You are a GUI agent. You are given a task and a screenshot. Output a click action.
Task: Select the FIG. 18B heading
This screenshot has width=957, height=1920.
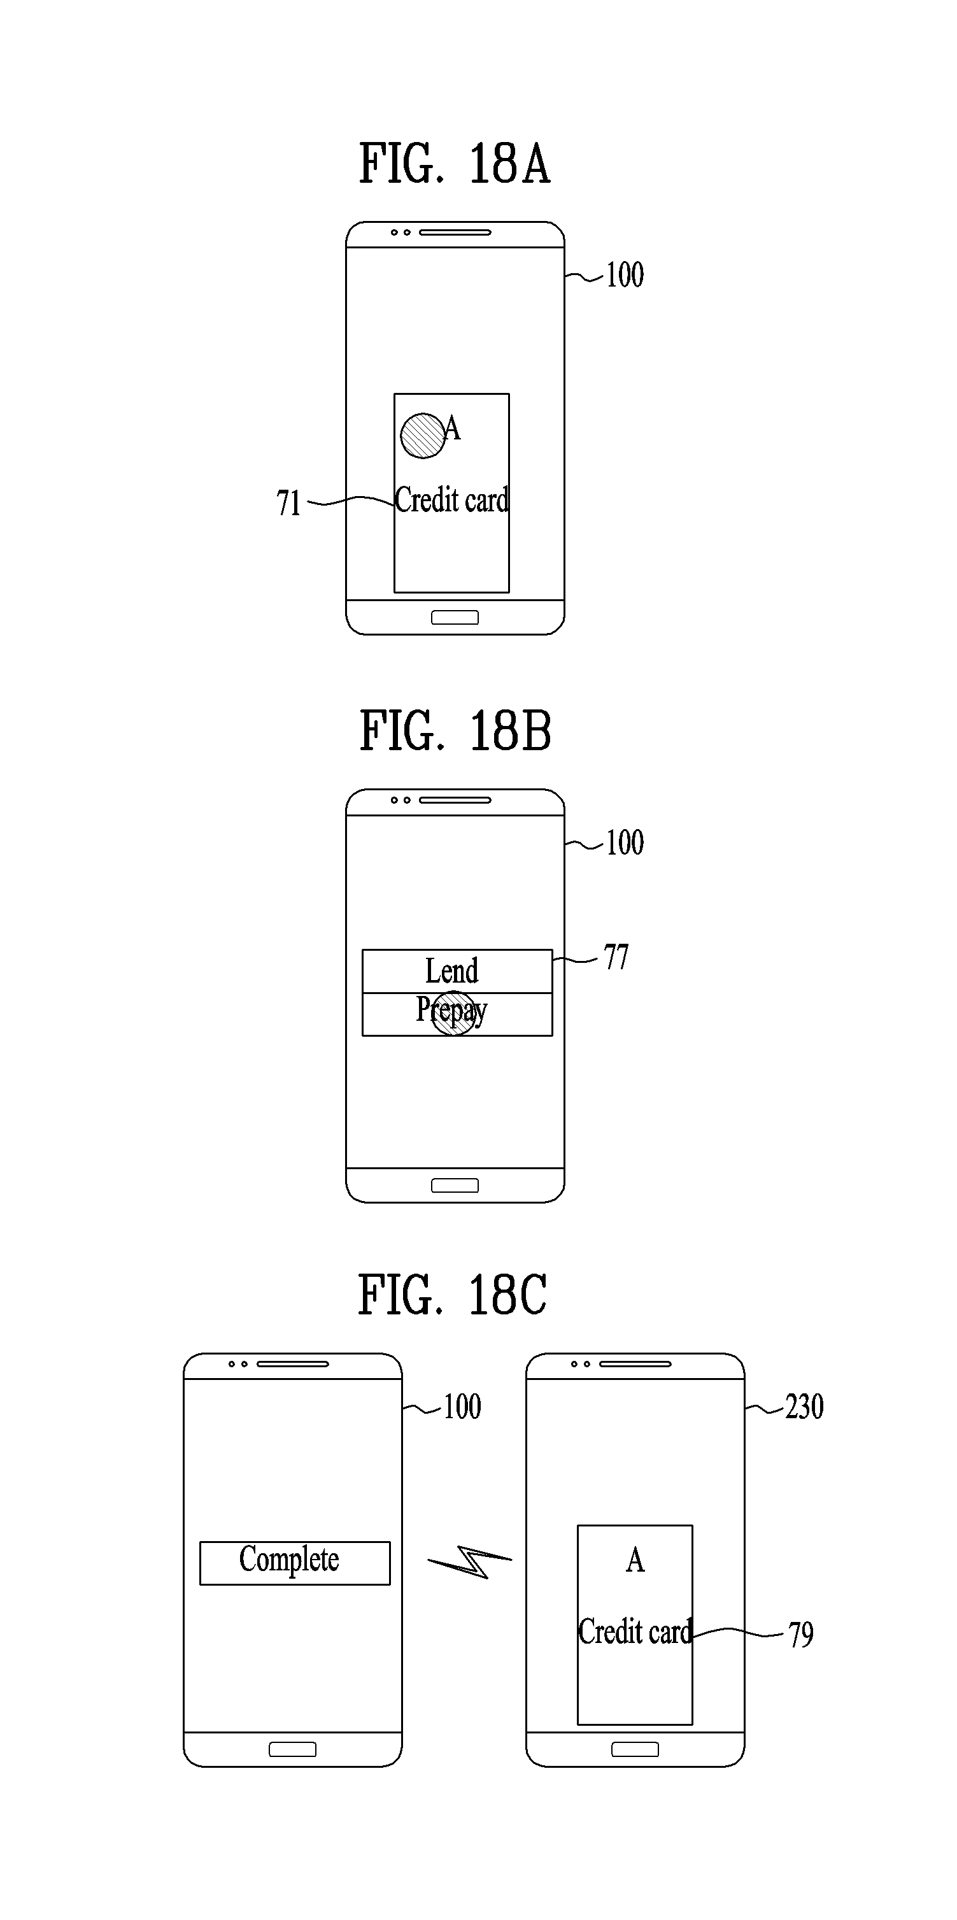coord(455,731)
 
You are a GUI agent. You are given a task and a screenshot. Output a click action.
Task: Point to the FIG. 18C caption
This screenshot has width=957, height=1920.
coord(453,1295)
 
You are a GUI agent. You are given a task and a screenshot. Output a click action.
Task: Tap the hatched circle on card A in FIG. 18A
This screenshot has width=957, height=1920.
coord(423,436)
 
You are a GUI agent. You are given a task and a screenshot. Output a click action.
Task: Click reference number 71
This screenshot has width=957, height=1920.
coord(288,503)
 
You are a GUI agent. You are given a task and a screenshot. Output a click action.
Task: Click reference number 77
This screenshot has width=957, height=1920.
coord(616,957)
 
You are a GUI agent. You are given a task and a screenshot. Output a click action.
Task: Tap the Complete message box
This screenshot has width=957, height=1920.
coord(294,1563)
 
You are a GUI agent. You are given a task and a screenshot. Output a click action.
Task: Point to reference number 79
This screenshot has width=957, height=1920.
coord(801,1635)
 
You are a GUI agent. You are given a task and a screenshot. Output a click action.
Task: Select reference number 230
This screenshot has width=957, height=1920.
coord(804,1407)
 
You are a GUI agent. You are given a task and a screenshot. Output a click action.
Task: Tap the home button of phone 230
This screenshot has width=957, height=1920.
coord(635,1749)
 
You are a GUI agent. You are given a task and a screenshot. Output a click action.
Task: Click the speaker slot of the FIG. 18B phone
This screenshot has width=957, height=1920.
coord(455,800)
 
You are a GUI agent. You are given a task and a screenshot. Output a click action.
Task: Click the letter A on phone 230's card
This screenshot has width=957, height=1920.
coord(635,1560)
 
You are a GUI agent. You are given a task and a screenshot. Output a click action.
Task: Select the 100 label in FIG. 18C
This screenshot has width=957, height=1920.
coord(462,1407)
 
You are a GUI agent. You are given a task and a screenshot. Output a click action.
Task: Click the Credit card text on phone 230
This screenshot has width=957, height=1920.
coord(635,1632)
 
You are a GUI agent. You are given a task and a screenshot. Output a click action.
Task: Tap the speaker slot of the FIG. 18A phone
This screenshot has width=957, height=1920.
coord(455,232)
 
